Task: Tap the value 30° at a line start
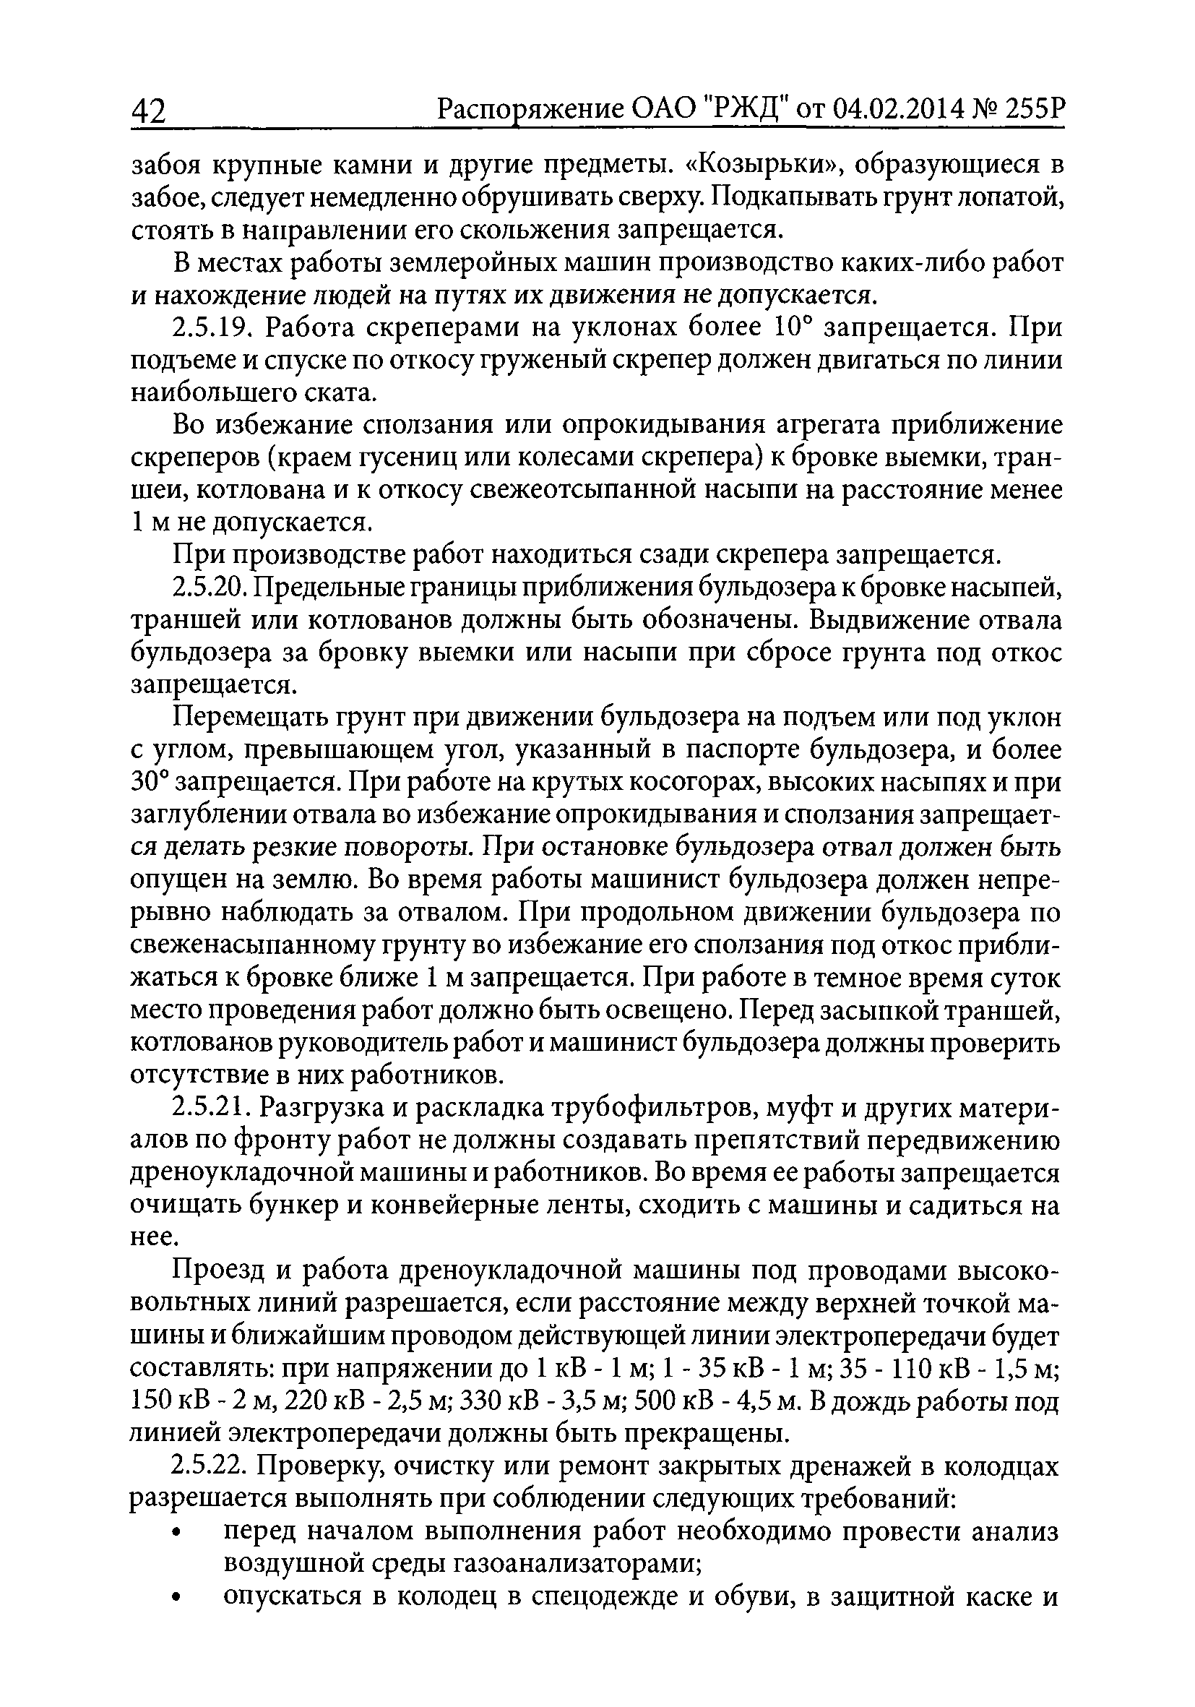[x=151, y=782]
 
